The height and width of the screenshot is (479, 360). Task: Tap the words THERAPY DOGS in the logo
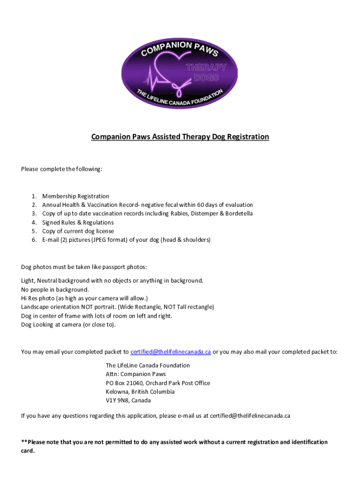coord(206,73)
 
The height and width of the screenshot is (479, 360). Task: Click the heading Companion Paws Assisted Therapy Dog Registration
coord(180,137)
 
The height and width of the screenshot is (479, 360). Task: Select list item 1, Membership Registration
coord(75,196)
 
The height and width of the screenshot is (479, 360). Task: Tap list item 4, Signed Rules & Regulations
coord(78,223)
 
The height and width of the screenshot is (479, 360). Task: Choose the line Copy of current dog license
coord(78,231)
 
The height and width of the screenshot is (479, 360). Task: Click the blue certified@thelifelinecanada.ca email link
coord(171,352)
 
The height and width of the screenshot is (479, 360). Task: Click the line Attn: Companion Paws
coord(136,374)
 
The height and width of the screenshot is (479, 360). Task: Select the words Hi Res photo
coord(37,298)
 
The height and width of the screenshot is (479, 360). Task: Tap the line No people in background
coord(55,290)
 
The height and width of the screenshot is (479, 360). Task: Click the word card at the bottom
coord(27,451)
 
